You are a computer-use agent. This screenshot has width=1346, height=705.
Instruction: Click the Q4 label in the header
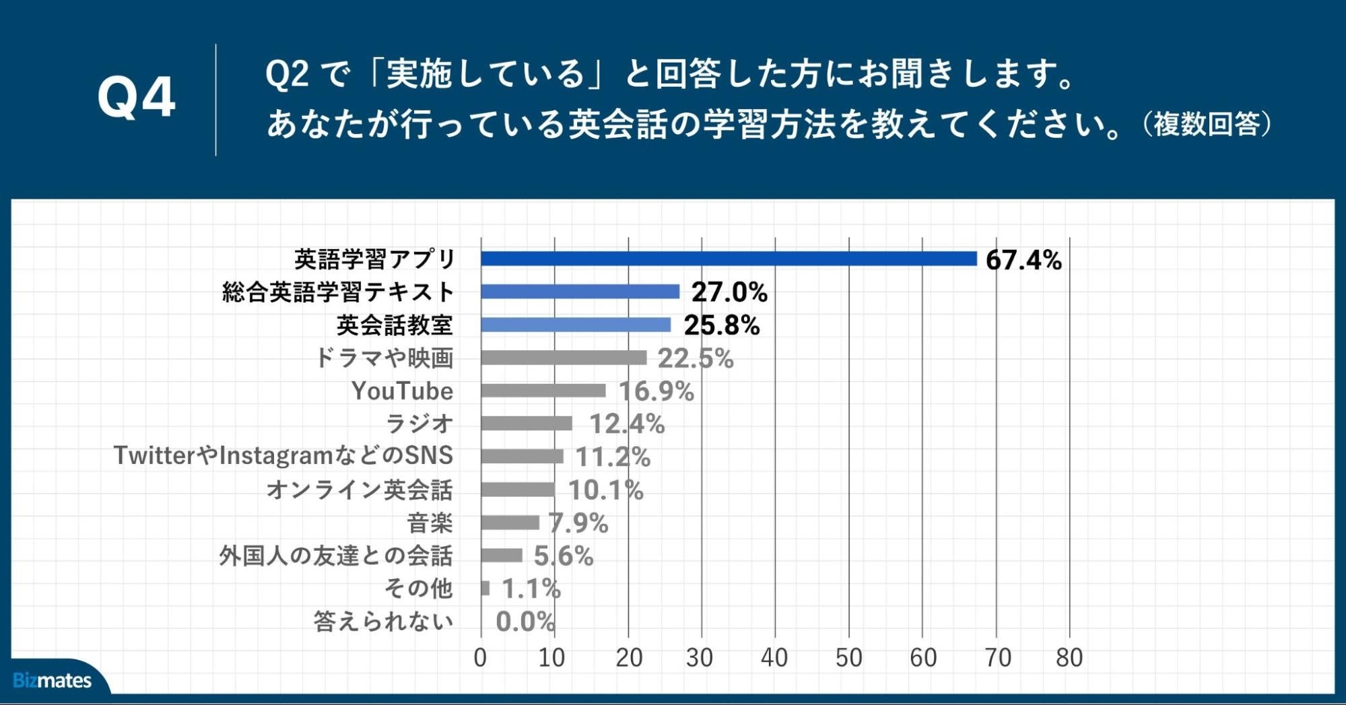[x=137, y=98]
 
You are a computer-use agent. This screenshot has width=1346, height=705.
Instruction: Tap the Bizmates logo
[x=52, y=680]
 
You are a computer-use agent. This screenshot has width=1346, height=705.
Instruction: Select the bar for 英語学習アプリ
[x=729, y=259]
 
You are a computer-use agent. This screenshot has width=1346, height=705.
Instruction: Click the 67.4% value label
[x=1023, y=260]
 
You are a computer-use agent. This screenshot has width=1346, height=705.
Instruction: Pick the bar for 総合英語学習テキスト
[x=580, y=292]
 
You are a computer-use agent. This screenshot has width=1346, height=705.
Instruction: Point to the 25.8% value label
[x=721, y=325]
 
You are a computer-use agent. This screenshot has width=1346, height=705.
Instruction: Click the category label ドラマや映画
[x=384, y=358]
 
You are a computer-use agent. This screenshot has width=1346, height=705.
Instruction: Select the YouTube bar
[x=543, y=391]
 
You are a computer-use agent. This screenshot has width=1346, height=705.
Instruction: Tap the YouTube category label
[x=402, y=391]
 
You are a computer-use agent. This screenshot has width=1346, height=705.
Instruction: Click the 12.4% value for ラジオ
[x=626, y=424]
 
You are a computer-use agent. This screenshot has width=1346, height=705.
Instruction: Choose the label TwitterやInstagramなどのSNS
[x=283, y=456]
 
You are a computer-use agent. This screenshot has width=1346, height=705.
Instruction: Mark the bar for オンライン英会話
[x=518, y=490]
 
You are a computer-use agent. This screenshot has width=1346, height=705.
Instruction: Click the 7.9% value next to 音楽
[x=578, y=523]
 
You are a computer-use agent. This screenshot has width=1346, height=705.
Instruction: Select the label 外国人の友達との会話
[x=335, y=556]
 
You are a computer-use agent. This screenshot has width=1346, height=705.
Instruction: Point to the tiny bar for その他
[x=485, y=589]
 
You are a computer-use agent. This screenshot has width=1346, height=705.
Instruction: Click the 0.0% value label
[x=525, y=622]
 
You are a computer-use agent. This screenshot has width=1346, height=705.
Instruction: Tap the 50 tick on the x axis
[x=848, y=658]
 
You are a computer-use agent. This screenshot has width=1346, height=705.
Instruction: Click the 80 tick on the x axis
[x=1069, y=658]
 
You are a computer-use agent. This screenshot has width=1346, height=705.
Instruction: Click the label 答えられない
[x=383, y=621]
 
